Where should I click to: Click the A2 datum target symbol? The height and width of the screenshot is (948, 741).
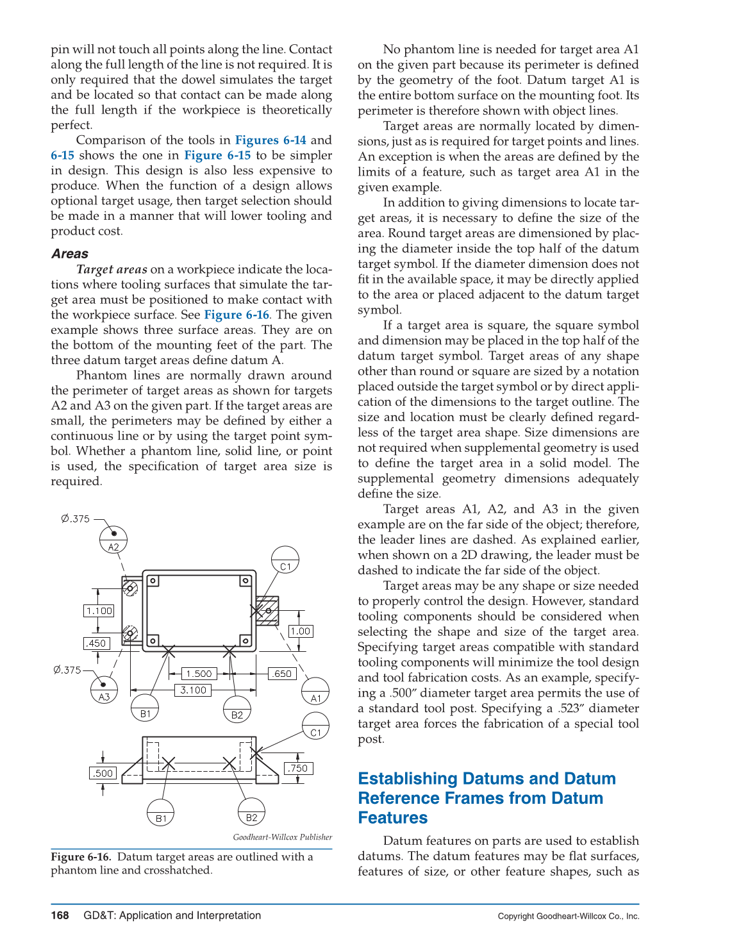(x=113, y=540)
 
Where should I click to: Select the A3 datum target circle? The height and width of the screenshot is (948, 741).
(x=104, y=690)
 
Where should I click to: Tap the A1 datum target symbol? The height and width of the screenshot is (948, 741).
(x=315, y=692)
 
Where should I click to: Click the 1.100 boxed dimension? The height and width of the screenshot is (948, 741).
(x=99, y=611)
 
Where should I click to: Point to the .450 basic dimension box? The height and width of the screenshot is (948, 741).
(x=97, y=644)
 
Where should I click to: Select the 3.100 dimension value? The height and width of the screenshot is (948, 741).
(x=193, y=690)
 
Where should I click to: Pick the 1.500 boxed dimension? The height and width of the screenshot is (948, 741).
(x=199, y=674)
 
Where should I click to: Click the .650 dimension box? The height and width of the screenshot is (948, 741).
(x=282, y=674)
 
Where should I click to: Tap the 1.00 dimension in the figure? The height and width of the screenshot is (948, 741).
(x=300, y=631)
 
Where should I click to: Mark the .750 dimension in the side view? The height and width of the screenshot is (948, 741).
(x=298, y=769)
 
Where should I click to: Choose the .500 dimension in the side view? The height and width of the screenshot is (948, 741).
(x=103, y=774)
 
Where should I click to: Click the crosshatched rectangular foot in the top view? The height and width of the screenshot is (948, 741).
(x=267, y=611)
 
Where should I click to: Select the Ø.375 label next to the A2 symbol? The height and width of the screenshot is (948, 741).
(x=76, y=519)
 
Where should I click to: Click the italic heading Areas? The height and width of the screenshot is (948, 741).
(x=70, y=254)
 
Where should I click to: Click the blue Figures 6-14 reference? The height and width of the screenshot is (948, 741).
(x=271, y=140)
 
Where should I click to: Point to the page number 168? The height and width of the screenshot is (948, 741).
(x=60, y=915)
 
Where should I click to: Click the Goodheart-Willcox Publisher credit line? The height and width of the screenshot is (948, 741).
(x=282, y=837)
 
